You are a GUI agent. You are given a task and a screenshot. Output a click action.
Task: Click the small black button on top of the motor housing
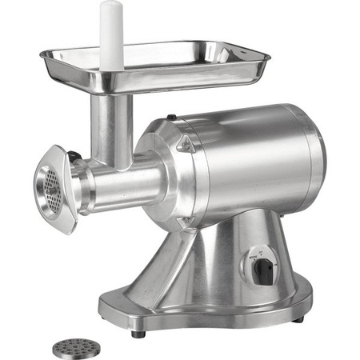pos(170,118)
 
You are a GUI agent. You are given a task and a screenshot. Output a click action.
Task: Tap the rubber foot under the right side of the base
pos(298,318)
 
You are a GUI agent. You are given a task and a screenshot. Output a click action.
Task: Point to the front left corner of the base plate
pos(108,308)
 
